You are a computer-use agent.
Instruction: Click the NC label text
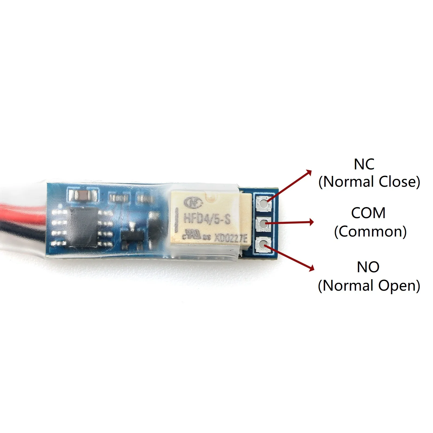click(364, 164)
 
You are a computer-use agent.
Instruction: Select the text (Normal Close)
click(369, 182)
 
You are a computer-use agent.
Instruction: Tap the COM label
click(368, 213)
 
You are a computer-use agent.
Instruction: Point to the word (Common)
click(370, 232)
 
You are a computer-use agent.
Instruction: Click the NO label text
click(368, 267)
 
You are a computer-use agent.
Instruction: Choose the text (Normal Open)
click(369, 286)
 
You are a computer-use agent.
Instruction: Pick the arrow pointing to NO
click(290, 257)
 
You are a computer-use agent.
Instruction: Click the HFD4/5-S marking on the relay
click(207, 219)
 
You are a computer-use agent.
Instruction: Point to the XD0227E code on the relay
click(231, 238)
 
